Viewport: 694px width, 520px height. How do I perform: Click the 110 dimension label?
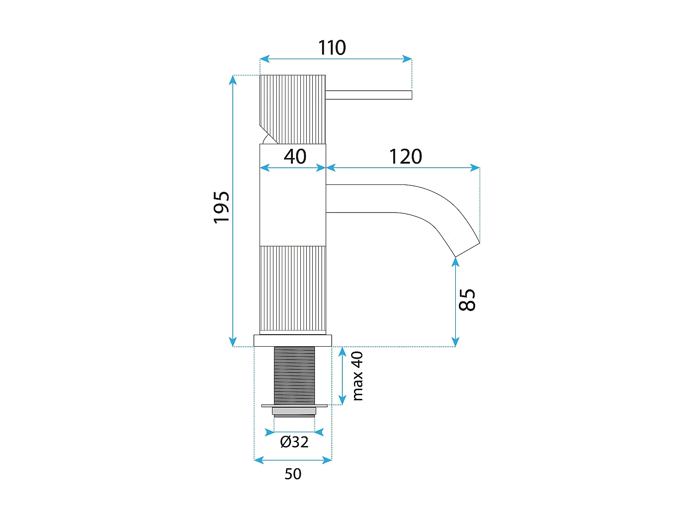[x=332, y=48]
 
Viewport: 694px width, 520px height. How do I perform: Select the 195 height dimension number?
[x=221, y=208]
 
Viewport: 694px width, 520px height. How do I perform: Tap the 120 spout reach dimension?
[x=405, y=156]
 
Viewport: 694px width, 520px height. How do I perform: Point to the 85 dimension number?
[x=467, y=300]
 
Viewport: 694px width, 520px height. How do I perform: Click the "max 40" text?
[x=357, y=376]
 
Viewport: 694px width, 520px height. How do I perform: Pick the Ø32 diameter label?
[x=294, y=442]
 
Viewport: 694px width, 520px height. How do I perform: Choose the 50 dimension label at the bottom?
[x=293, y=474]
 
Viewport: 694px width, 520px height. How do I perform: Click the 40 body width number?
[x=295, y=156]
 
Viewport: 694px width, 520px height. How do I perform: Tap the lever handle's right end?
[x=411, y=95]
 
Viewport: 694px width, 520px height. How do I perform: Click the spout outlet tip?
[x=467, y=250]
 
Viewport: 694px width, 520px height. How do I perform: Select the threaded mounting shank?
[x=294, y=375]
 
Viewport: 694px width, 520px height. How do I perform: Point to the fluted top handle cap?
[x=292, y=109]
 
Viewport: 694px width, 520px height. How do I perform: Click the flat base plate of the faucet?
[x=292, y=340]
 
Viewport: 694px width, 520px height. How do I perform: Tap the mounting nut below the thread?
[x=294, y=410]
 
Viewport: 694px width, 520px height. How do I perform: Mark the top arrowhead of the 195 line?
[x=233, y=80]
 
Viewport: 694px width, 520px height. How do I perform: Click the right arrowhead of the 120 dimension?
[x=475, y=168]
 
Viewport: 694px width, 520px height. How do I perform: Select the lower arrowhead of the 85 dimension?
[x=455, y=342]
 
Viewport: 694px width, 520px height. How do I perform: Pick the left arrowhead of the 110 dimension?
[x=265, y=59]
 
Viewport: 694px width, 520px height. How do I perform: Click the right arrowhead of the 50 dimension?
[x=327, y=460]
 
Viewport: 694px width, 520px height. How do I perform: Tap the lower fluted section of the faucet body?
[x=292, y=290]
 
